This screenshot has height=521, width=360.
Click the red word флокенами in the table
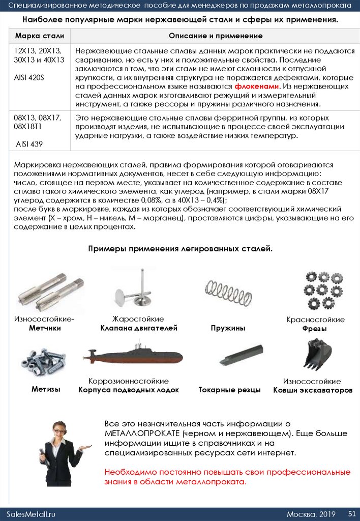(x=260, y=86)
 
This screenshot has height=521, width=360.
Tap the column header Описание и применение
(x=216, y=36)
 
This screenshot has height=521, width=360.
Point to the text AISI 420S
(x=29, y=77)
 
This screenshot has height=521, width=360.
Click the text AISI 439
(x=29, y=144)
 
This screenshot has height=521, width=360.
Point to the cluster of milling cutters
(x=322, y=291)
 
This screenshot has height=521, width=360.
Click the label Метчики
(x=45, y=328)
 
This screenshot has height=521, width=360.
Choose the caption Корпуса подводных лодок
(x=129, y=390)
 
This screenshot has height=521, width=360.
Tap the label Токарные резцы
(x=229, y=390)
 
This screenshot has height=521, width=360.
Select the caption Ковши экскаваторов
(x=312, y=390)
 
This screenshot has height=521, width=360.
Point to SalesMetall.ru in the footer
(x=31, y=514)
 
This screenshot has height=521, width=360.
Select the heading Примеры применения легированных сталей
(x=181, y=248)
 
